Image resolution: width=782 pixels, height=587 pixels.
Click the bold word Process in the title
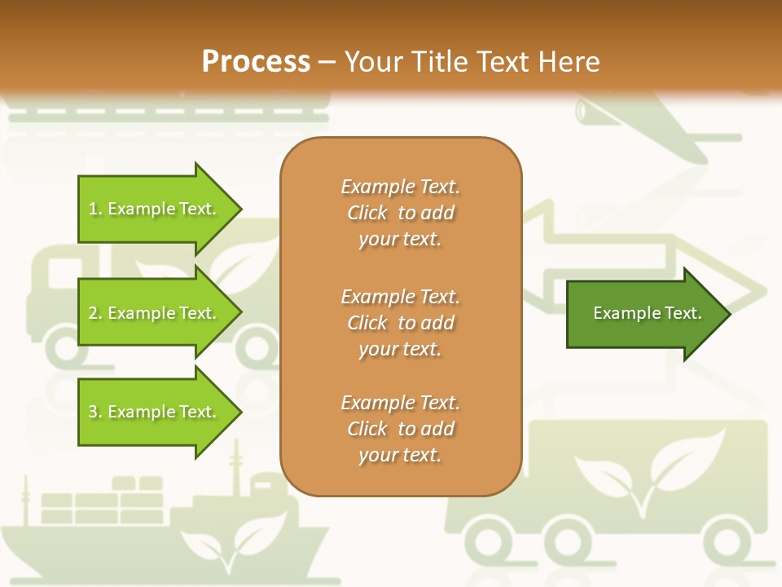[256, 61]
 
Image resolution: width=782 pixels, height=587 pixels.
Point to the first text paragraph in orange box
[400, 213]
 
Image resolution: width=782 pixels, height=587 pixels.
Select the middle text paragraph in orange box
[400, 323]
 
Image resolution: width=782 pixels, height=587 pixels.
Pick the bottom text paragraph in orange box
[400, 429]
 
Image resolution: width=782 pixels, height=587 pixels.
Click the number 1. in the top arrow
[95, 209]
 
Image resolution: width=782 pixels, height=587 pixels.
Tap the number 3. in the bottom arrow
[95, 412]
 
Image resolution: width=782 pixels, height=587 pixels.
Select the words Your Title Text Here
[472, 61]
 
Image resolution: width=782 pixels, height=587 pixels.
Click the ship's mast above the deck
[236, 469]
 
